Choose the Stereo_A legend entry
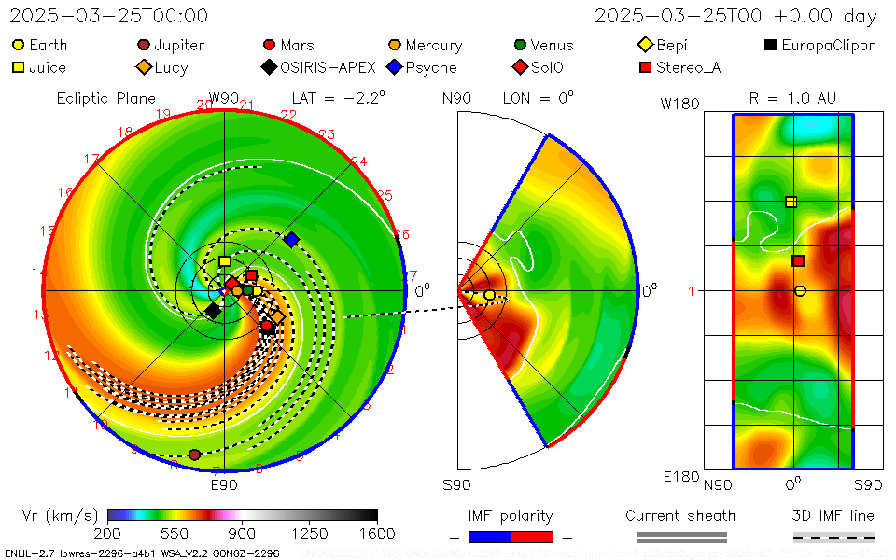pyautogui.click(x=678, y=67)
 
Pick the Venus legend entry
pyautogui.click(x=550, y=45)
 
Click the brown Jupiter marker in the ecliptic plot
pyautogui.click(x=194, y=455)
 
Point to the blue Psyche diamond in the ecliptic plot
pyautogui.click(x=291, y=240)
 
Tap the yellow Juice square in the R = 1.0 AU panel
pyautogui.click(x=791, y=202)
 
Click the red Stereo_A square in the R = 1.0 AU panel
pyautogui.click(x=798, y=261)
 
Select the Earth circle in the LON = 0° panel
pyautogui.click(x=490, y=295)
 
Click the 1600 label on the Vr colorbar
pyautogui.click(x=377, y=533)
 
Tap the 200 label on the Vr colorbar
pyautogui.click(x=108, y=533)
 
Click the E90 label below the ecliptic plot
pyautogui.click(x=224, y=485)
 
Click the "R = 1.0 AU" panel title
pyautogui.click(x=792, y=98)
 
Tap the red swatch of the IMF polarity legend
pyautogui.click(x=532, y=537)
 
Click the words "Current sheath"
pyautogui.click(x=680, y=515)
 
